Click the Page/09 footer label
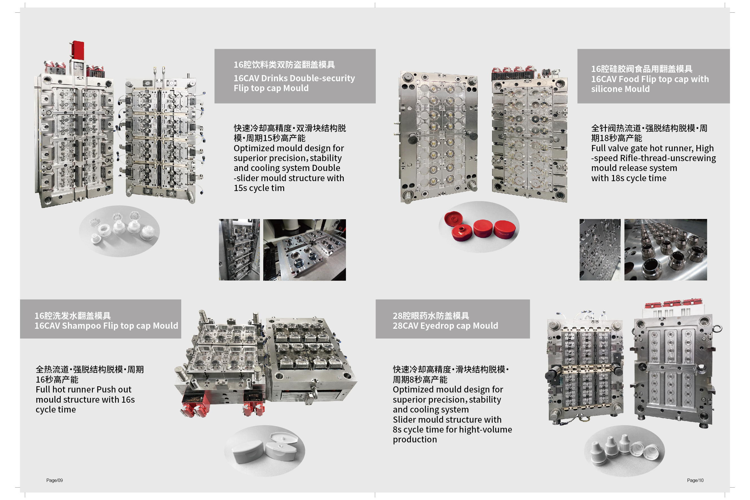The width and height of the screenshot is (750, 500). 54,480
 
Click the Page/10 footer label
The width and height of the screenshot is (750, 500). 695,480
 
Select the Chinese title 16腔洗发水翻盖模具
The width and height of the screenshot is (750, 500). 73,316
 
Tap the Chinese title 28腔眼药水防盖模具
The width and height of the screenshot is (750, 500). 431,316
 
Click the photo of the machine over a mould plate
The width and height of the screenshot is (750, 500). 304,250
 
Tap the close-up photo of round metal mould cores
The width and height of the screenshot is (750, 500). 666,250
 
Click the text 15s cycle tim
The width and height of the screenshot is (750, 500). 259,188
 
